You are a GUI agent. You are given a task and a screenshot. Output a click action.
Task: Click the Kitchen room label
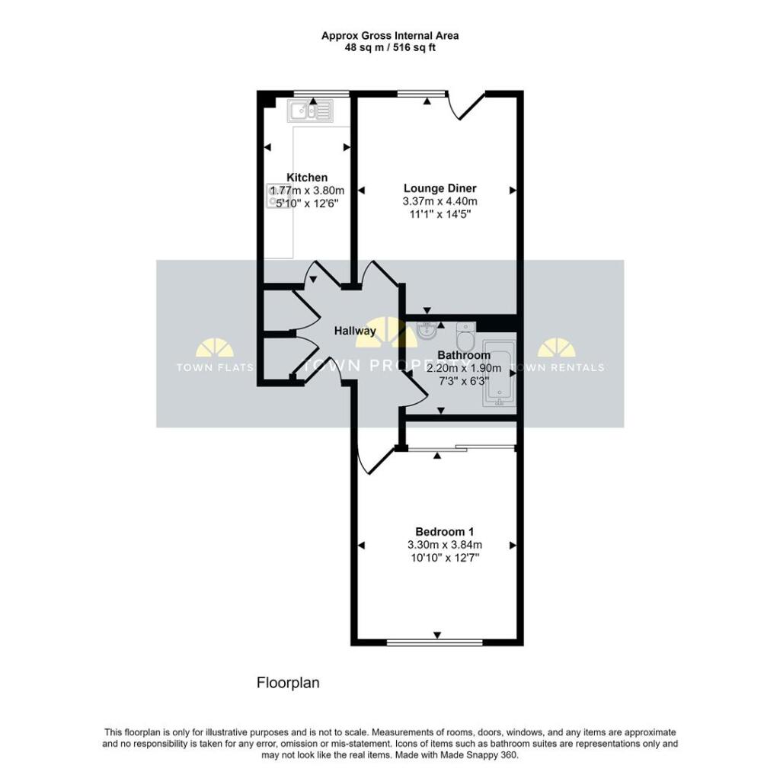click(x=307, y=178)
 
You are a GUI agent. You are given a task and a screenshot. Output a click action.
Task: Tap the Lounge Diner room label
click(x=440, y=188)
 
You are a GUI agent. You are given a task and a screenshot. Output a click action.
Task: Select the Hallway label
click(x=355, y=331)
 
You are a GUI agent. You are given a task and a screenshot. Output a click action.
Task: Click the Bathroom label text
click(x=464, y=355)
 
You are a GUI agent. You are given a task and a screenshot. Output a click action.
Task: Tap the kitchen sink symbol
click(x=310, y=112)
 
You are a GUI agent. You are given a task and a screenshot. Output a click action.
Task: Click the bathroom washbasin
click(x=427, y=331)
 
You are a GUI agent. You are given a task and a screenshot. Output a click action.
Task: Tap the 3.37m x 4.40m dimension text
click(x=440, y=201)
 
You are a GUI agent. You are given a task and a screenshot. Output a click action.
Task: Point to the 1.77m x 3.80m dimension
click(x=307, y=191)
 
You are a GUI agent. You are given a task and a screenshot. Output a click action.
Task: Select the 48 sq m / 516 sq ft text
click(x=389, y=47)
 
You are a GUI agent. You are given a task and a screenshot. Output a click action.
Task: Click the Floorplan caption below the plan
click(x=287, y=683)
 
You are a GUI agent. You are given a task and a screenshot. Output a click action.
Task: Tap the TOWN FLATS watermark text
click(x=209, y=367)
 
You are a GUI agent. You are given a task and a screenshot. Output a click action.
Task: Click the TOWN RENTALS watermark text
click(x=558, y=367)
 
